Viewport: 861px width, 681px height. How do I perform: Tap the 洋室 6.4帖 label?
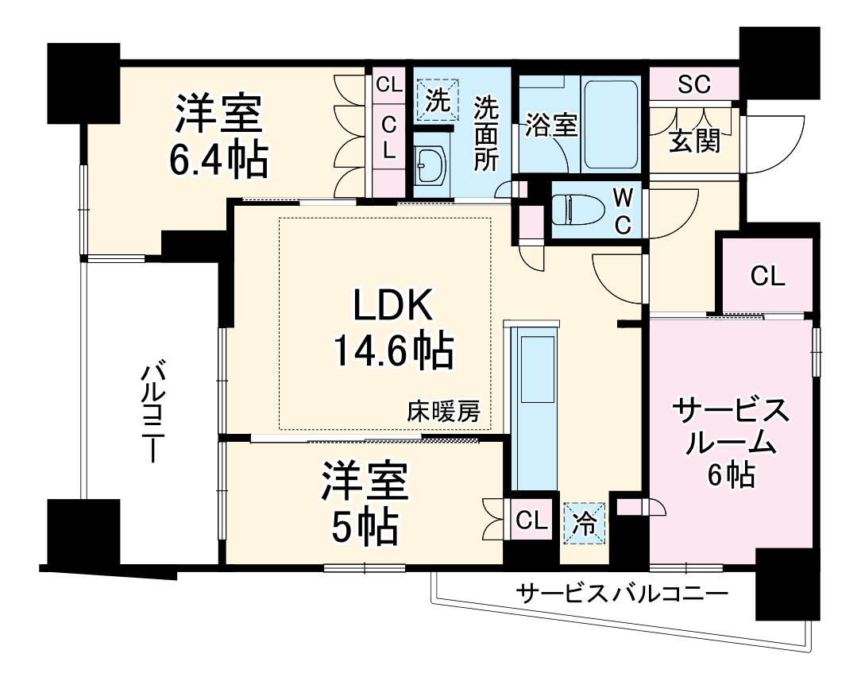click(218, 137)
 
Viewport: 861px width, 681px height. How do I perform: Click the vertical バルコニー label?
click(153, 413)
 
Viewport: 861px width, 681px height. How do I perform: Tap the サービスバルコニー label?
click(621, 594)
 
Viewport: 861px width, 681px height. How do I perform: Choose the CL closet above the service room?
click(767, 276)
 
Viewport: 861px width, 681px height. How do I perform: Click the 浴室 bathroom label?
click(551, 127)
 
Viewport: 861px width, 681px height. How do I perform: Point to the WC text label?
click(622, 211)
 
